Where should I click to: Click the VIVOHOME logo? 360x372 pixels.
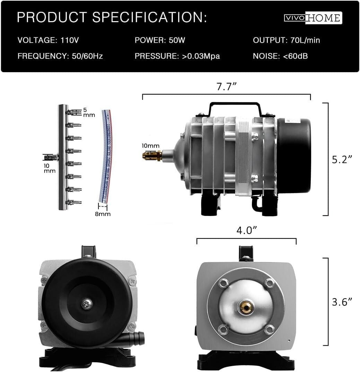[x=313, y=18]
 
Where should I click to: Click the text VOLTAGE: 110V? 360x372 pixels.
[x=48, y=40]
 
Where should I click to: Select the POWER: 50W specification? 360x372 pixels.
[x=160, y=40]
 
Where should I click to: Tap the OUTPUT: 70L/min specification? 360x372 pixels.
[x=286, y=40]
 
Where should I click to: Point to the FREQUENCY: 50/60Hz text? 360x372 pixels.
[x=60, y=56]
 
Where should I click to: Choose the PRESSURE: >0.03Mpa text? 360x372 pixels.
[x=177, y=56]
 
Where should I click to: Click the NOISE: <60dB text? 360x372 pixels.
[x=280, y=56]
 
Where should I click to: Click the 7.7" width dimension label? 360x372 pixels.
[x=226, y=87]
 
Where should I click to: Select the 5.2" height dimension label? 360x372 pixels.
[x=342, y=159]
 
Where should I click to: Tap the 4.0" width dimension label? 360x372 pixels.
[x=246, y=231]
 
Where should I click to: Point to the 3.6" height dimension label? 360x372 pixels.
[x=342, y=302]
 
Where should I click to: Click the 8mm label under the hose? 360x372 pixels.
[x=103, y=214]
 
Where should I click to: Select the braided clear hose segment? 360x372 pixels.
[x=106, y=156]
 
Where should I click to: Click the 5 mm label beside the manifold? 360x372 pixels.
[x=88, y=112]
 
